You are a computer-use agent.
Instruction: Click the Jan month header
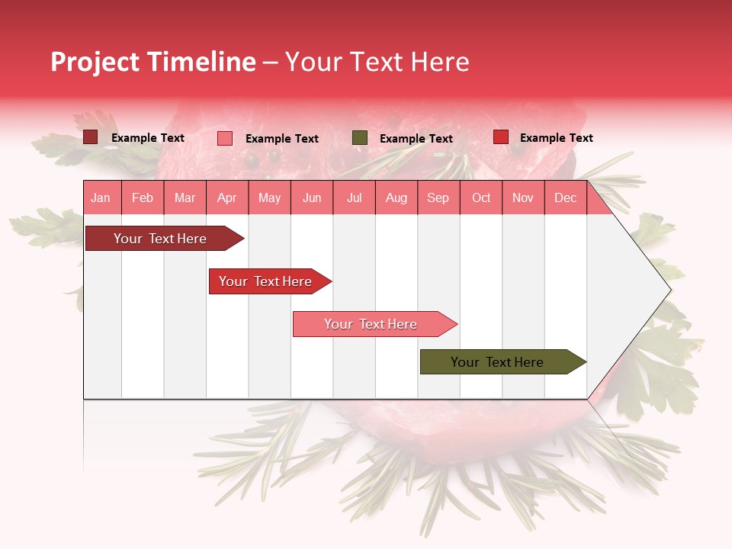point(101,197)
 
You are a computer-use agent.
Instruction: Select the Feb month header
point(143,197)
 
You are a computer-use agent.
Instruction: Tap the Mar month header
point(185,197)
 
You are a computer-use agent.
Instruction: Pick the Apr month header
point(227,197)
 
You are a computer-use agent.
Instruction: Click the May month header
point(269,197)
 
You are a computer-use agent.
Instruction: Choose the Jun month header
point(312,197)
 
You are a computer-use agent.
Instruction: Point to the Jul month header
point(354,197)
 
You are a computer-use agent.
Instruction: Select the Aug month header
point(396,197)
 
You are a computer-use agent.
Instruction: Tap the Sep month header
point(438,197)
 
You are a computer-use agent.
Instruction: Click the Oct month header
point(481,197)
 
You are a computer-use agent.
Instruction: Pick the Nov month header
point(523,197)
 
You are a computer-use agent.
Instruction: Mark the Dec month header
point(566,197)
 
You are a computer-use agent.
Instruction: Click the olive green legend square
point(360,138)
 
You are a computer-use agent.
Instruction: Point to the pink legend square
point(225,138)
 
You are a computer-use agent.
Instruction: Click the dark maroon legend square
point(91,137)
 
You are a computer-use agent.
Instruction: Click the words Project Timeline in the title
point(153,62)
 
